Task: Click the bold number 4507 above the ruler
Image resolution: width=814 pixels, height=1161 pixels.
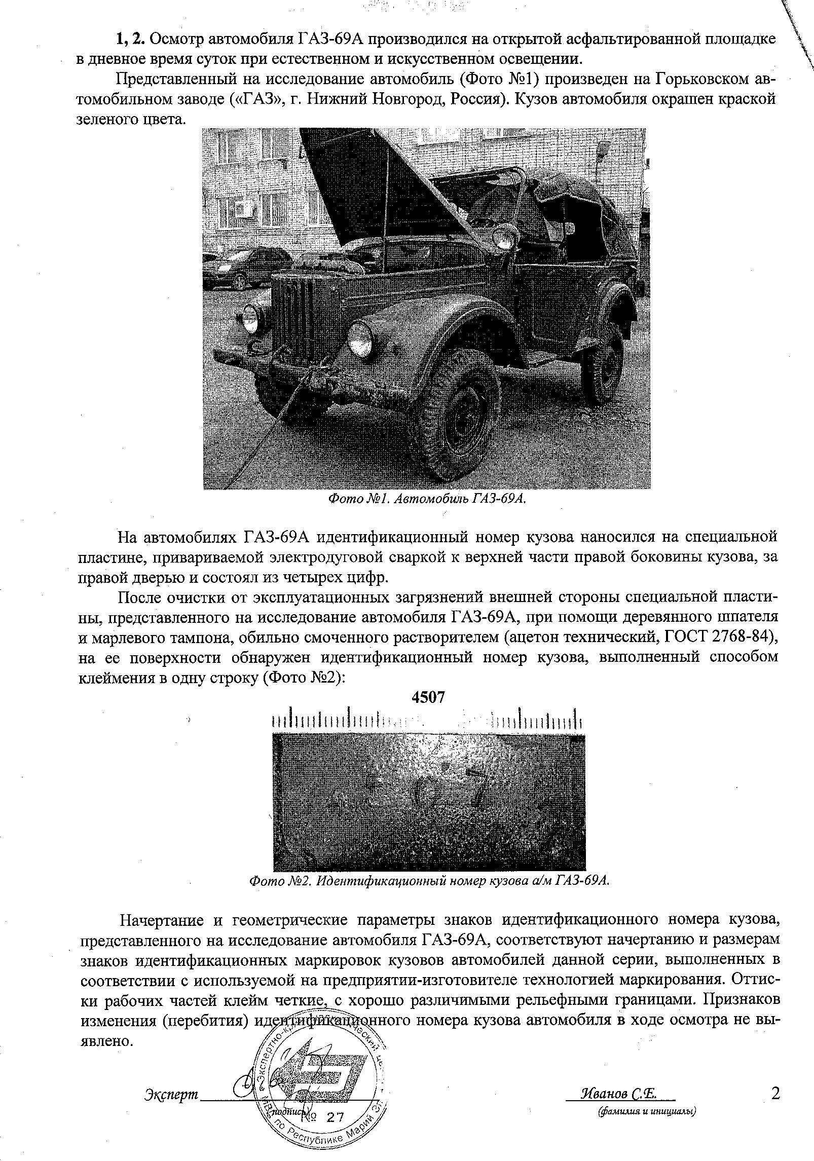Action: (428, 698)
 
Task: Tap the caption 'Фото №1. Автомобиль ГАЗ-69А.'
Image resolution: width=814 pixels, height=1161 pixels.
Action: (426, 499)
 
